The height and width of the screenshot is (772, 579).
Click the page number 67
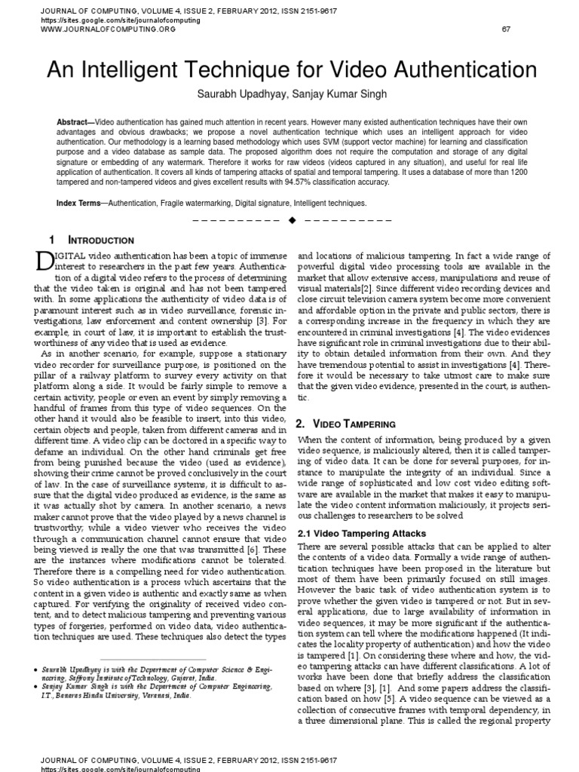click(x=506, y=29)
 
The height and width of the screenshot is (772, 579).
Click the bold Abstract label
click(x=72, y=122)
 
